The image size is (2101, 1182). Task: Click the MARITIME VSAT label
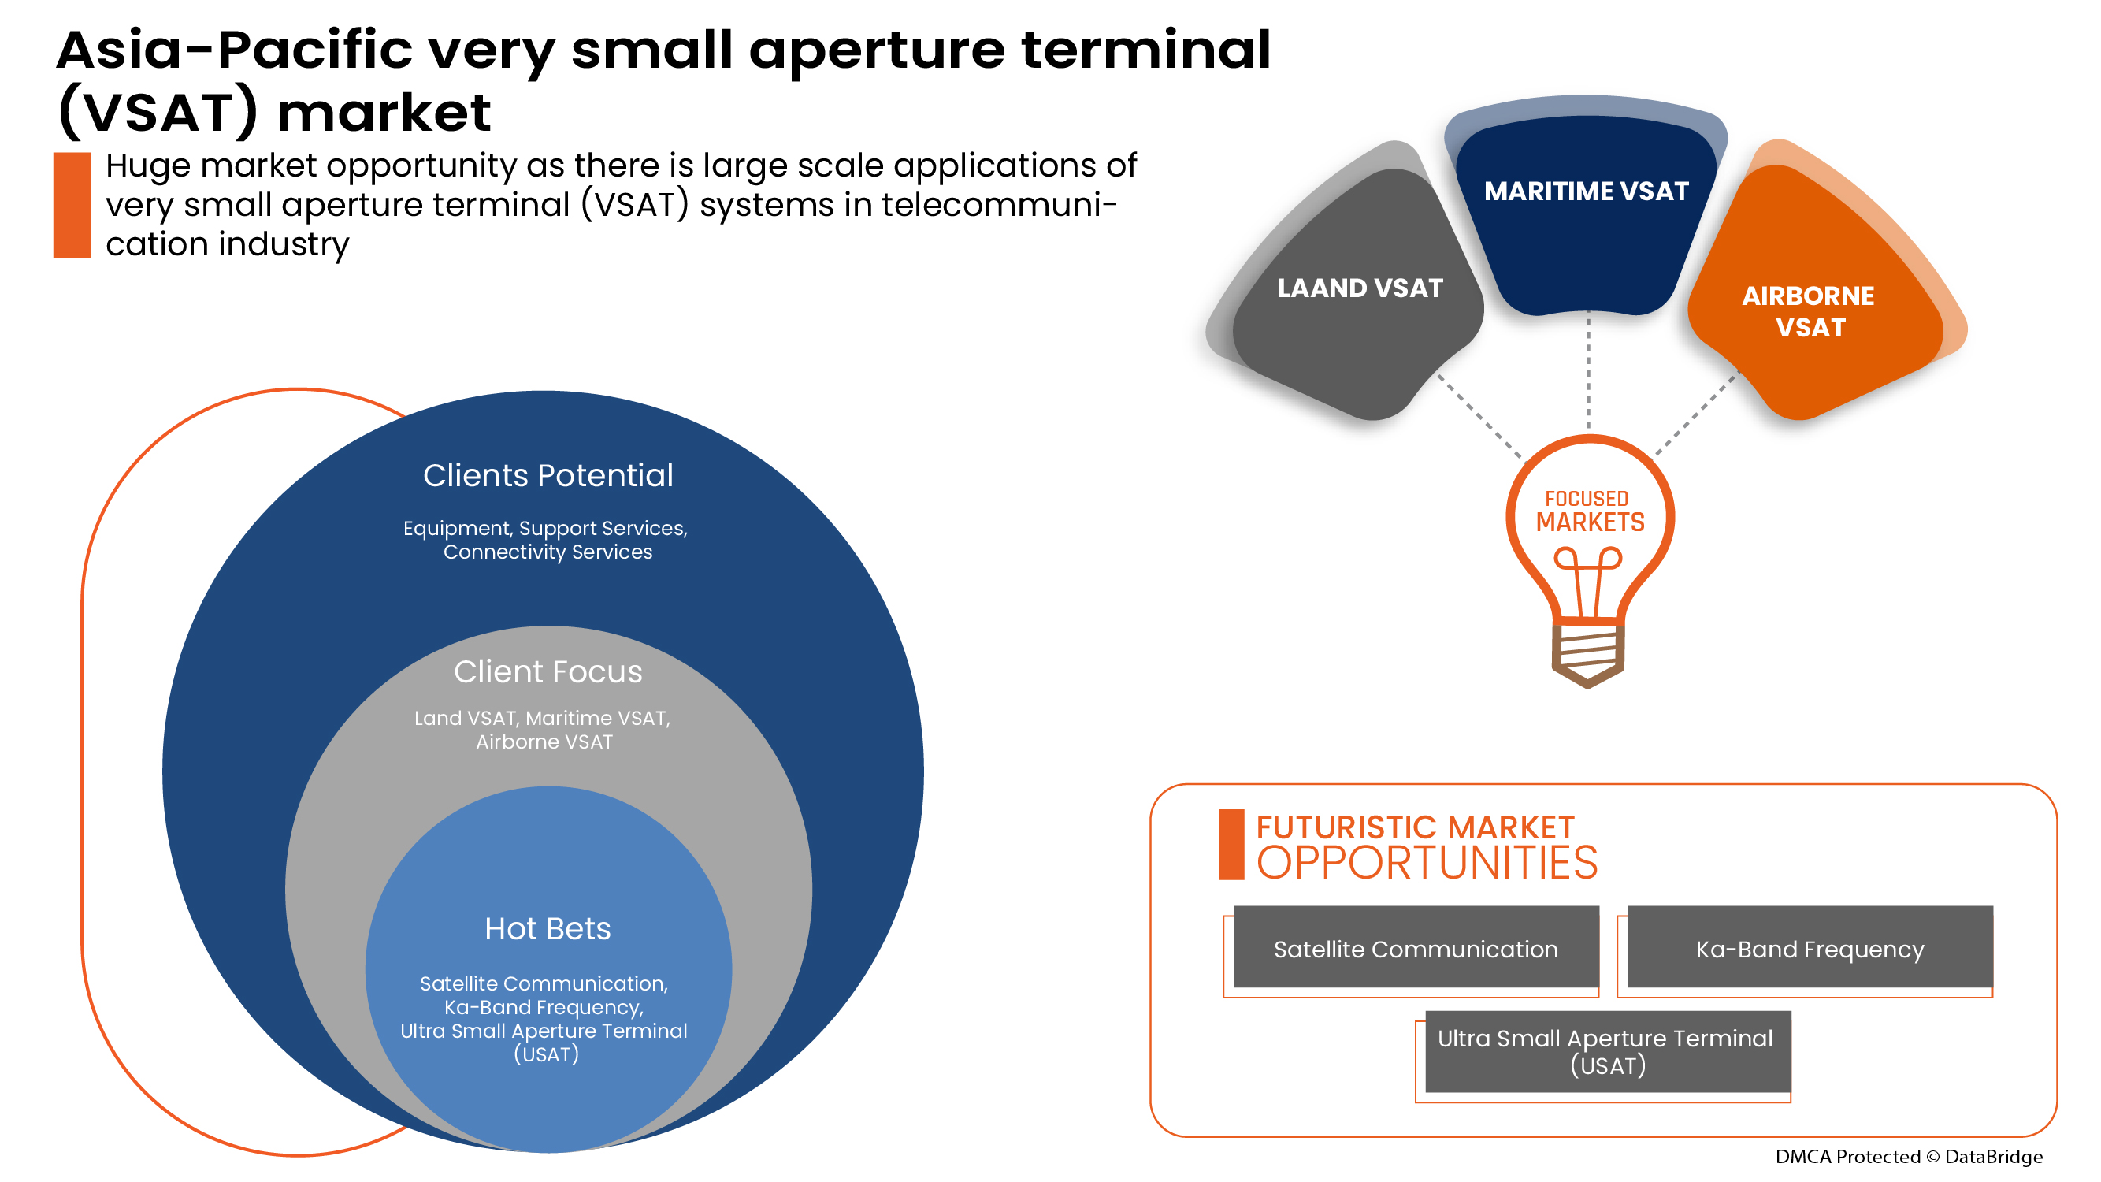(x=1586, y=191)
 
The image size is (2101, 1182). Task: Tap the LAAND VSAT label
(x=1360, y=288)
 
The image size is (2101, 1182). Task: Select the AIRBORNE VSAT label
(x=1808, y=310)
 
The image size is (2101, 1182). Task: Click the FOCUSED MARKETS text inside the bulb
(x=1590, y=511)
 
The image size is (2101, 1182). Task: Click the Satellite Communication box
(x=1415, y=949)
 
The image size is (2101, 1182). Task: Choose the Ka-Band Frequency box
(x=1809, y=949)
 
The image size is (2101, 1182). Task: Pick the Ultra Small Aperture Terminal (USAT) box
(x=1607, y=1051)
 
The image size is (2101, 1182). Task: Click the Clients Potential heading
(x=548, y=476)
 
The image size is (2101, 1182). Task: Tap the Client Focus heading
(x=548, y=672)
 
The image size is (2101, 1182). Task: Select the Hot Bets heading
(x=548, y=929)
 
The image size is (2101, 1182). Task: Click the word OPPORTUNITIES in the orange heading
(x=1427, y=863)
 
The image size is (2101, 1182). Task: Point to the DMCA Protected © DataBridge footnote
(x=1909, y=1156)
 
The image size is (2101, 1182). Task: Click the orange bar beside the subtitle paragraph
(x=72, y=206)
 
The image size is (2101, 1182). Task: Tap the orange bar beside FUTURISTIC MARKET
(x=1231, y=845)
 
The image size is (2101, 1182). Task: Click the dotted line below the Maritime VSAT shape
(x=1588, y=371)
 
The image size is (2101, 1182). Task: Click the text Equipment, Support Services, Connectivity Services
(x=546, y=540)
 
